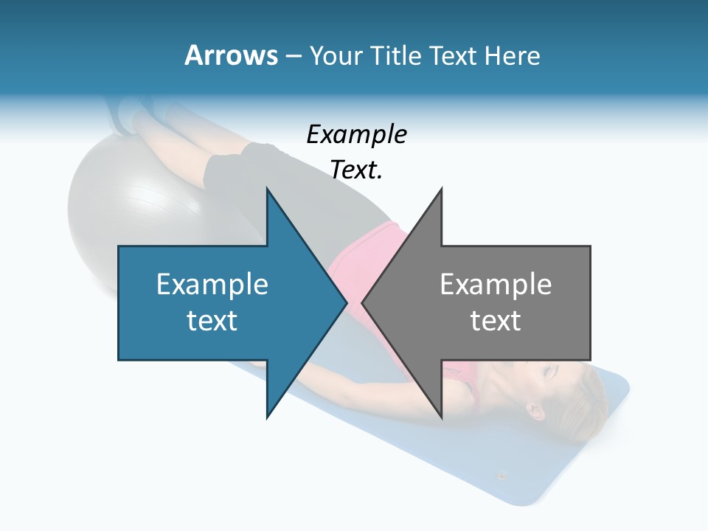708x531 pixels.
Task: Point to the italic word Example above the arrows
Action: [x=356, y=134]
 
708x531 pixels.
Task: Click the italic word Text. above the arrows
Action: [x=356, y=170]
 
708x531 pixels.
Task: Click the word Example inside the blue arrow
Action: [x=212, y=284]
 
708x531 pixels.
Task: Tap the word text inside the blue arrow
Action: [x=212, y=321]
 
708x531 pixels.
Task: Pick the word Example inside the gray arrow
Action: [x=496, y=284]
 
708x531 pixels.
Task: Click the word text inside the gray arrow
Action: [x=496, y=321]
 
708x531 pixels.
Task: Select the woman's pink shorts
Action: [x=369, y=251]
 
